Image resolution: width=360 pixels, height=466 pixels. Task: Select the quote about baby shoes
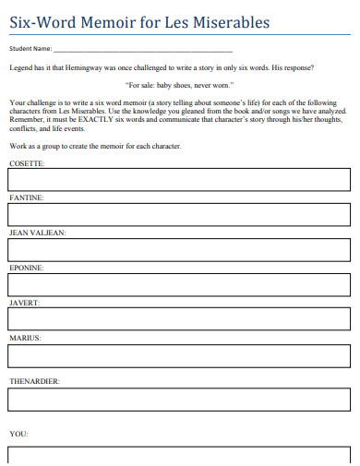point(180,83)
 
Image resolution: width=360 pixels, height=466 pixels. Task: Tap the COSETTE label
point(26,162)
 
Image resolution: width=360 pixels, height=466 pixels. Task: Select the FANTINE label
point(26,197)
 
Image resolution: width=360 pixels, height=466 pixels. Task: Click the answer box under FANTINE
point(179,214)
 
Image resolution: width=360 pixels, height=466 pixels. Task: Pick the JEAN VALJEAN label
point(37,233)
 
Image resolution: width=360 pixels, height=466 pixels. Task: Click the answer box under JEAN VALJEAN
point(179,249)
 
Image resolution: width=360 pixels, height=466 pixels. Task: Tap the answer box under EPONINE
point(179,284)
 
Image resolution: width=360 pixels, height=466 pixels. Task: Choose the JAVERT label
point(24,303)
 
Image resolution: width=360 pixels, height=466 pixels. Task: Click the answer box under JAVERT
point(179,319)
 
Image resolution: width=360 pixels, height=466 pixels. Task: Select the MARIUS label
point(25,338)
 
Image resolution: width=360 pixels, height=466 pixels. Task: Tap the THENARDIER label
point(34,380)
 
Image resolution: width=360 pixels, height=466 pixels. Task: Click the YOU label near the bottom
point(18,433)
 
